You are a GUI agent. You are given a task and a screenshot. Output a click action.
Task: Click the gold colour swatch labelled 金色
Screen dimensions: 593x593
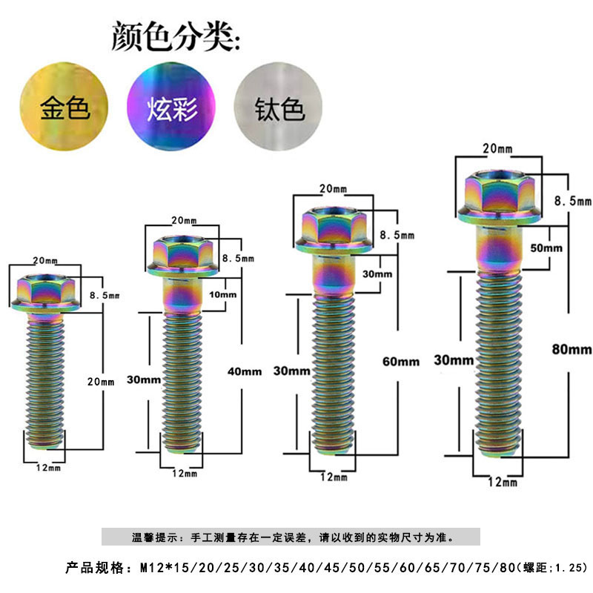pos(64,106)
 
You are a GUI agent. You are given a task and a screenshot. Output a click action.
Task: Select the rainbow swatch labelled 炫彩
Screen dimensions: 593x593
pos(171,106)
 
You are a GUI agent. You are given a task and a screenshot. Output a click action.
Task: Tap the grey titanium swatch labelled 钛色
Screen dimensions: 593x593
pos(279,106)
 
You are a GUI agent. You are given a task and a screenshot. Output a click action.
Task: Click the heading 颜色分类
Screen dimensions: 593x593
pos(176,36)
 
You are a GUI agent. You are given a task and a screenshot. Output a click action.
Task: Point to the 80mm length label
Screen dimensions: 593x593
pos(572,349)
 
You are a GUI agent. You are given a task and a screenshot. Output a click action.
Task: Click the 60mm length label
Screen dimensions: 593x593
pos(401,362)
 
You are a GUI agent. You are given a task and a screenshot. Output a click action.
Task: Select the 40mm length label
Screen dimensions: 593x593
pos(245,371)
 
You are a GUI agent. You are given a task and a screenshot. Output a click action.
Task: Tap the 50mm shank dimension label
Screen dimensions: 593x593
pos(546,248)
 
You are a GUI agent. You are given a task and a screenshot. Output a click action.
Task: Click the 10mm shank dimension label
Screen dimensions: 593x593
pos(223,294)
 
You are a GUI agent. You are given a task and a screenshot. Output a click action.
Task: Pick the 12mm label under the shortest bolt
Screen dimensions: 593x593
pos(48,468)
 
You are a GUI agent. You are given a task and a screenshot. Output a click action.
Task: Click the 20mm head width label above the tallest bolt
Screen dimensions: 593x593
pos(497,149)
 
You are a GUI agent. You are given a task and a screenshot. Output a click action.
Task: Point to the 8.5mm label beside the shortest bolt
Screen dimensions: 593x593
pos(105,295)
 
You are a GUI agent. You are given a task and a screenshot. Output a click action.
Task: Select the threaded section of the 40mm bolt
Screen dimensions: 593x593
pos(182,382)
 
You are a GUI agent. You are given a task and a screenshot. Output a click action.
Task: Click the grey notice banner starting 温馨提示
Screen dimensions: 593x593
pos(291,537)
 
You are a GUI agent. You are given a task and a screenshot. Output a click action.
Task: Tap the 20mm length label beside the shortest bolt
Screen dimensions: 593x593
pos(101,382)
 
